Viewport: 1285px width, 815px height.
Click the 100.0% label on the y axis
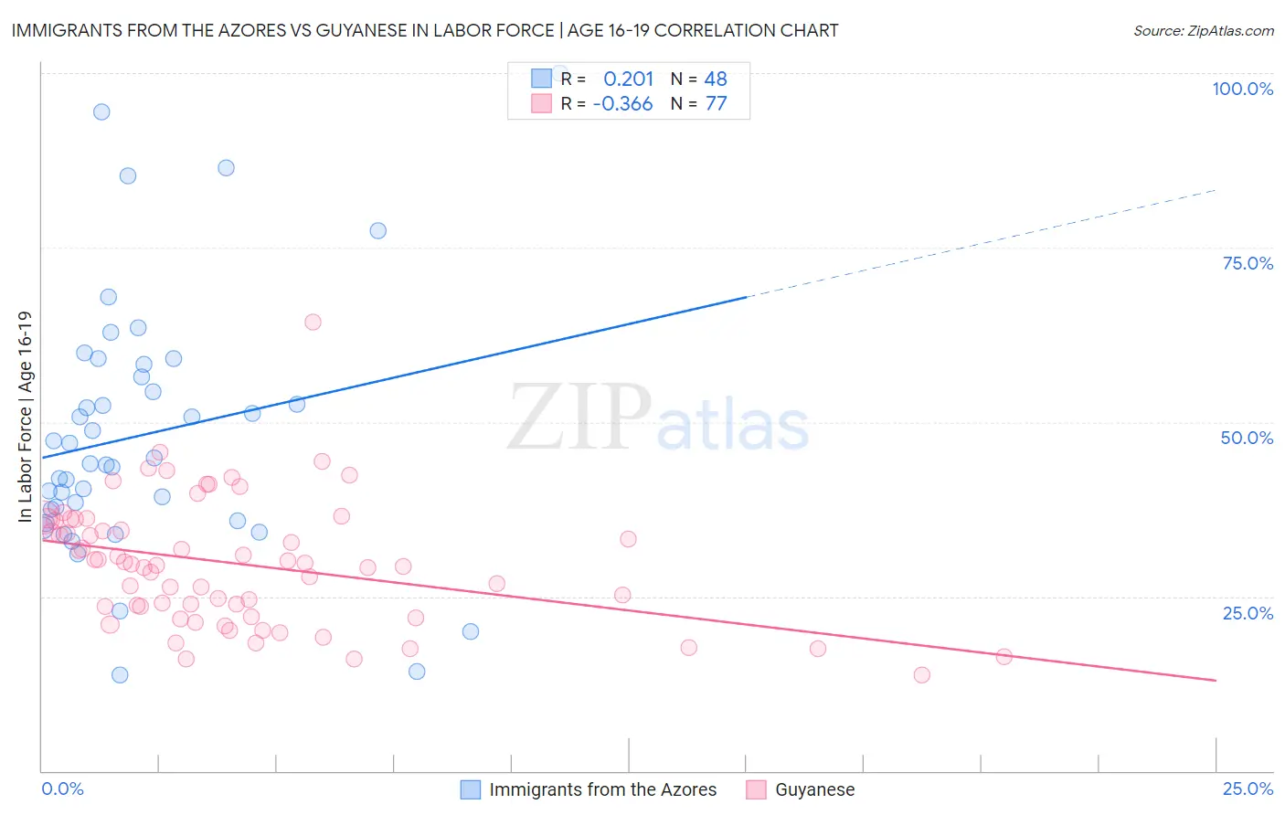click(1242, 89)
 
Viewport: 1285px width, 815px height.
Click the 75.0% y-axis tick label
click(1248, 263)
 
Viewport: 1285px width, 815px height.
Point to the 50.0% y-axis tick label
click(1247, 438)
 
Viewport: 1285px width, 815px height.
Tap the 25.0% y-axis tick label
click(1248, 612)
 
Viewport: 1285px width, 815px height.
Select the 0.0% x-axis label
click(62, 789)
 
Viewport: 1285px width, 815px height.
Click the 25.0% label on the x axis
click(1248, 789)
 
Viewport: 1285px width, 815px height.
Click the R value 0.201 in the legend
click(628, 79)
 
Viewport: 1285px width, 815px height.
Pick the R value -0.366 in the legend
click(622, 104)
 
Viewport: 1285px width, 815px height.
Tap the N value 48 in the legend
click(716, 79)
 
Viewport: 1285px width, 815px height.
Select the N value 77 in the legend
click(716, 104)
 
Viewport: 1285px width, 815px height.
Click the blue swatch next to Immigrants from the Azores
click(471, 789)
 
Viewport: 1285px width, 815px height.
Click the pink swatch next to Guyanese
click(756, 789)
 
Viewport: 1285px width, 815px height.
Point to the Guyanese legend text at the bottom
click(814, 789)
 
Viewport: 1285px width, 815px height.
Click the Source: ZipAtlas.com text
click(1203, 31)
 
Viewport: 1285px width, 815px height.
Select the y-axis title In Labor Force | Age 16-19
click(25, 417)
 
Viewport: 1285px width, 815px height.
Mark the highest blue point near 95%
click(101, 111)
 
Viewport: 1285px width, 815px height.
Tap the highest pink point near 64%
click(313, 322)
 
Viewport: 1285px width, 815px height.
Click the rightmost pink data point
click(1004, 656)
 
